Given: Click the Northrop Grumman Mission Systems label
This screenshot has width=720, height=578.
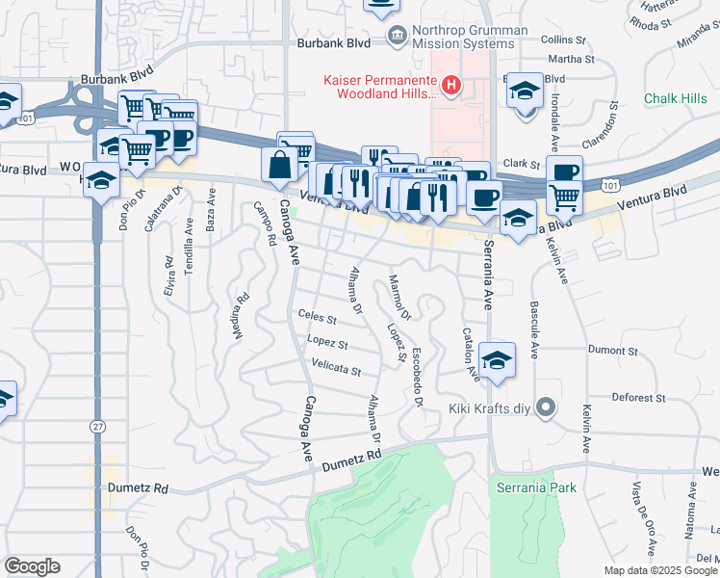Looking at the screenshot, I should coord(470,37).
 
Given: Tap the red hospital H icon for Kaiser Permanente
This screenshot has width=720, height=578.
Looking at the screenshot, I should coord(450,86).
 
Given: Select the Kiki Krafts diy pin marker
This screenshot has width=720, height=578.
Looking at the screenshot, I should coord(546,408).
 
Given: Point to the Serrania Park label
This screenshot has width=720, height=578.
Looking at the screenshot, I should coord(536,487).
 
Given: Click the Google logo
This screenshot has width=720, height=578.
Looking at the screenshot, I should coord(32,565).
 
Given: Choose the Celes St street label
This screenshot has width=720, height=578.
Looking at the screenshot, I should coord(317,317).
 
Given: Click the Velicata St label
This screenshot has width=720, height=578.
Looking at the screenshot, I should coord(336,369).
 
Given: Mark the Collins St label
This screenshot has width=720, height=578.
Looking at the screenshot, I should coord(564,40).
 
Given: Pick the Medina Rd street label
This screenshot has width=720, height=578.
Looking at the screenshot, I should coord(240,316).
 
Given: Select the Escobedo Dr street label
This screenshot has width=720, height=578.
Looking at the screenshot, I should coord(418,377).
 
